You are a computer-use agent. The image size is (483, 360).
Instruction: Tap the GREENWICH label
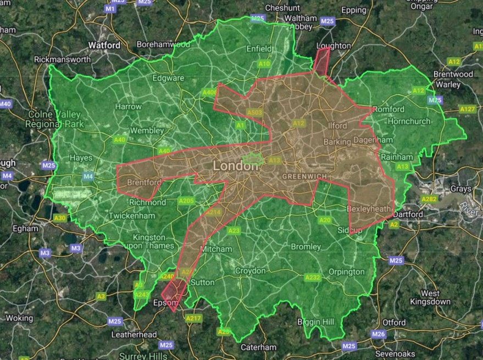(x=304, y=176)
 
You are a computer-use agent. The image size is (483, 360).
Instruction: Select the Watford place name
(x=105, y=45)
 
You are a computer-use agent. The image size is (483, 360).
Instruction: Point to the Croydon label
(x=250, y=271)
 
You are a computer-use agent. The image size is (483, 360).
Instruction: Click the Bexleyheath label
(x=369, y=209)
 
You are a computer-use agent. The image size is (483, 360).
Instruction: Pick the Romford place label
(x=388, y=109)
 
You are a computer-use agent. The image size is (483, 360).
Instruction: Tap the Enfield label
(x=259, y=49)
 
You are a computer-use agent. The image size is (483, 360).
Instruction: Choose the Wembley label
(x=146, y=131)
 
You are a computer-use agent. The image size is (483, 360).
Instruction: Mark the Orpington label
(x=346, y=272)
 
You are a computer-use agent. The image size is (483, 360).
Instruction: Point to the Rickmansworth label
(x=62, y=59)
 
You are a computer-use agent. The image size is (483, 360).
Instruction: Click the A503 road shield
(x=255, y=113)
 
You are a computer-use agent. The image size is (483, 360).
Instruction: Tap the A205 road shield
(x=186, y=201)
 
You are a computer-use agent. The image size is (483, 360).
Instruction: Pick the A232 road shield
(x=312, y=278)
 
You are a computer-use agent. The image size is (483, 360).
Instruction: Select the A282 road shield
(x=429, y=198)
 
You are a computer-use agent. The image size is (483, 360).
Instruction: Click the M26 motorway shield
(x=378, y=334)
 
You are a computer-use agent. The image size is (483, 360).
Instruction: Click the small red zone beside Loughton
(x=321, y=61)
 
